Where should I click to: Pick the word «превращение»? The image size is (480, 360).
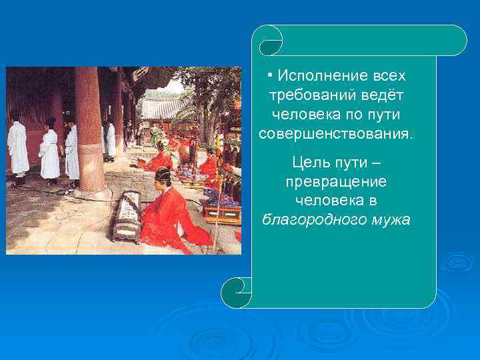coord(335,181)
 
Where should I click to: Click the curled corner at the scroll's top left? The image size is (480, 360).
coord(270,41)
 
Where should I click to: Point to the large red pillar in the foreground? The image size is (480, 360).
coord(89,127)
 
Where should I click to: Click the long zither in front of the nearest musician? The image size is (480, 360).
coord(127,216)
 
